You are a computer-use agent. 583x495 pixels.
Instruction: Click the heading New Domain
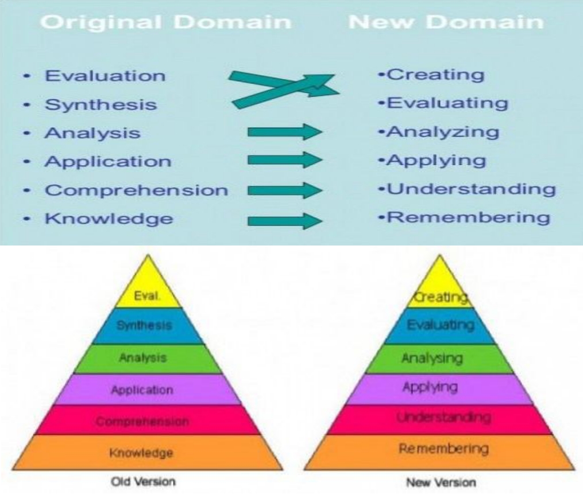coord(446,22)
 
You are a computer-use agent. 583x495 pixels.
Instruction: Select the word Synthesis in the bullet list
coord(101,105)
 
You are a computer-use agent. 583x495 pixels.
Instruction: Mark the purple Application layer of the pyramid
coord(142,390)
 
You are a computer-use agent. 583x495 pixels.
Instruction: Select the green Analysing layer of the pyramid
coord(440,359)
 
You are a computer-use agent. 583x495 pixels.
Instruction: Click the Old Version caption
coord(142,481)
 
